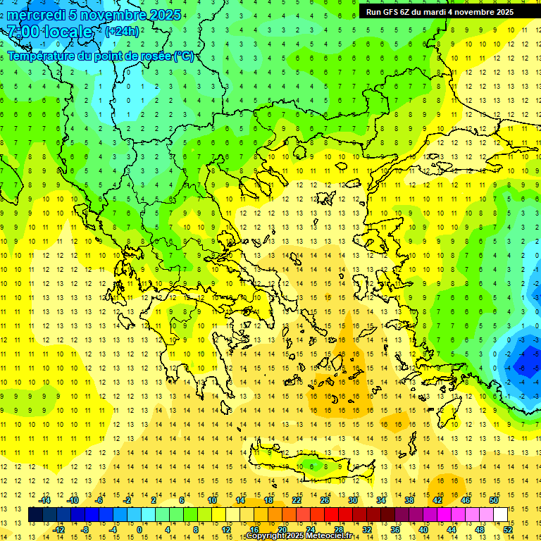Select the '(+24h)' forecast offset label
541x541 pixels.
122,31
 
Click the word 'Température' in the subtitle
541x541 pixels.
42,56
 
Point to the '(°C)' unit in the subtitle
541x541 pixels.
183,56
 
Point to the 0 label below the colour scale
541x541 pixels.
139,530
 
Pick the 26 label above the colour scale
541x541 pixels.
325,500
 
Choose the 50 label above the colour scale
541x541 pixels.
493,500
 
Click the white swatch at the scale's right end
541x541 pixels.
500,515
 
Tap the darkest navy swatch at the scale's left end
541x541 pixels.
35,515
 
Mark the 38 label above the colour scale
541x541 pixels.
409,500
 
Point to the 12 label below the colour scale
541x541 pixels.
226,530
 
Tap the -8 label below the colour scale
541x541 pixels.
85,530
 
